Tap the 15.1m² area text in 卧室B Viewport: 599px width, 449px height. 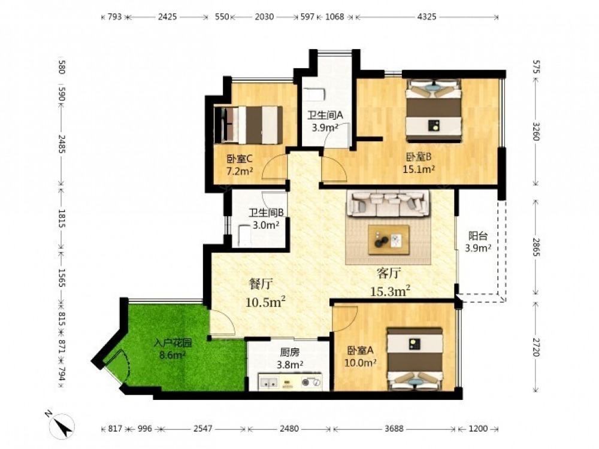419,169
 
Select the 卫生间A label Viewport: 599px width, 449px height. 325,115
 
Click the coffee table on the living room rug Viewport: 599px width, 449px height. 389,240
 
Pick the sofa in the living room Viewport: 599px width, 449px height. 388,204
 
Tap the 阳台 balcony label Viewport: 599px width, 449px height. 478,235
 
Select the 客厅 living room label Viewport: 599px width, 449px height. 389,273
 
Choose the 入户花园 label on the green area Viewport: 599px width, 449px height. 173,343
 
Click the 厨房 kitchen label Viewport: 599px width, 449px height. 290,353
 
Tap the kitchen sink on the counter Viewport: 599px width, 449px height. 269,381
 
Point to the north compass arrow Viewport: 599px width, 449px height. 63,425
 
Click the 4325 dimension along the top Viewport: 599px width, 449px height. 426,17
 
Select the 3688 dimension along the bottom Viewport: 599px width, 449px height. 394,429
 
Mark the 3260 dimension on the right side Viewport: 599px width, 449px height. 536,131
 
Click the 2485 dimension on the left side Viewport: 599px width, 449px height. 62,144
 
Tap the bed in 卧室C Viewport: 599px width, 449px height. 249,125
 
